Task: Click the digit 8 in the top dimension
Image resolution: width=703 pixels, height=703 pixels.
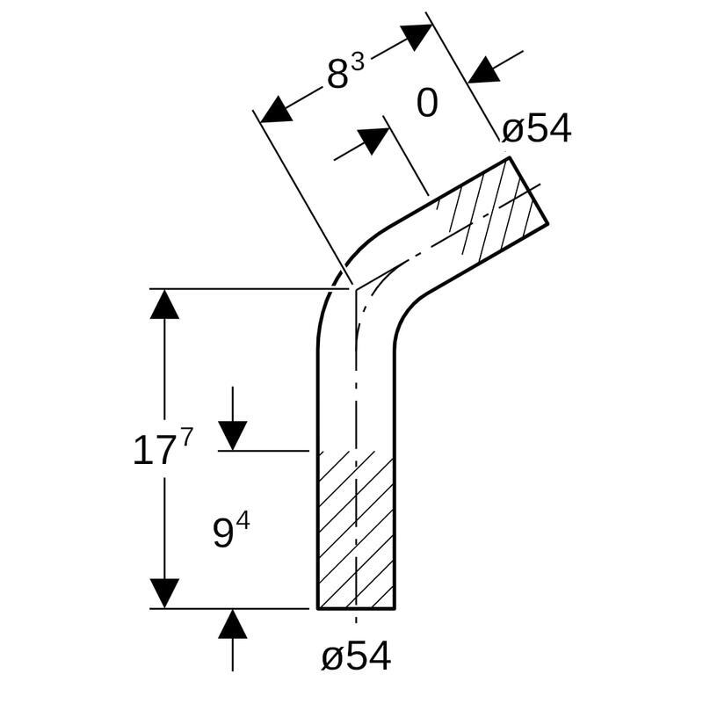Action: pos(338,76)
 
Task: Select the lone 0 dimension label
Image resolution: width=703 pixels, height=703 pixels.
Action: pos(427,104)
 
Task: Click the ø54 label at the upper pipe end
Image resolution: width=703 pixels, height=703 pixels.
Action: pos(537,130)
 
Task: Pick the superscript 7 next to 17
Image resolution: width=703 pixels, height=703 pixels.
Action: pos(185,438)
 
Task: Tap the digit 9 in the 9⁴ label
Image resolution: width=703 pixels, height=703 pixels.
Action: pos(223,533)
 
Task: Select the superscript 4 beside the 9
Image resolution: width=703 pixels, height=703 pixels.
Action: pos(243,520)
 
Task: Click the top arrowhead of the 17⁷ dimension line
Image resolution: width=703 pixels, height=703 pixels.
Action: pos(164,304)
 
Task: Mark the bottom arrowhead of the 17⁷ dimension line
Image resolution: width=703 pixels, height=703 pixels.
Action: pos(164,592)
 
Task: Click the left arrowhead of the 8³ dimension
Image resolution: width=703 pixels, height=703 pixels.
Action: pos(277,110)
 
